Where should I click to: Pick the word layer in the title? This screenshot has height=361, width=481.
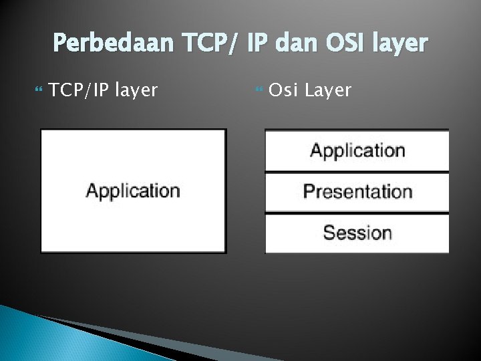point(399,43)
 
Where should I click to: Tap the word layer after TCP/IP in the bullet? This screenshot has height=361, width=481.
point(136,90)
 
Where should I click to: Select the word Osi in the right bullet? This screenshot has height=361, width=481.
point(283,90)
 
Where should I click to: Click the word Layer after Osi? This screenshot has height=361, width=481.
point(327,90)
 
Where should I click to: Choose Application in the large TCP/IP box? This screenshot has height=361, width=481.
point(133,191)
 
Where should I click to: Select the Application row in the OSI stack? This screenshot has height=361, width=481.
point(357,150)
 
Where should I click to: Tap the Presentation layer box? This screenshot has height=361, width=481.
point(357,192)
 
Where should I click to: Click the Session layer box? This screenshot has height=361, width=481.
point(357,233)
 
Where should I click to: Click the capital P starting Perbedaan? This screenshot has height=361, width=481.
point(59,43)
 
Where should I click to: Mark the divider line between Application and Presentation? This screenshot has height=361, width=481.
point(357,172)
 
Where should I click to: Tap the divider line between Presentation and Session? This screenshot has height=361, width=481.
point(357,213)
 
